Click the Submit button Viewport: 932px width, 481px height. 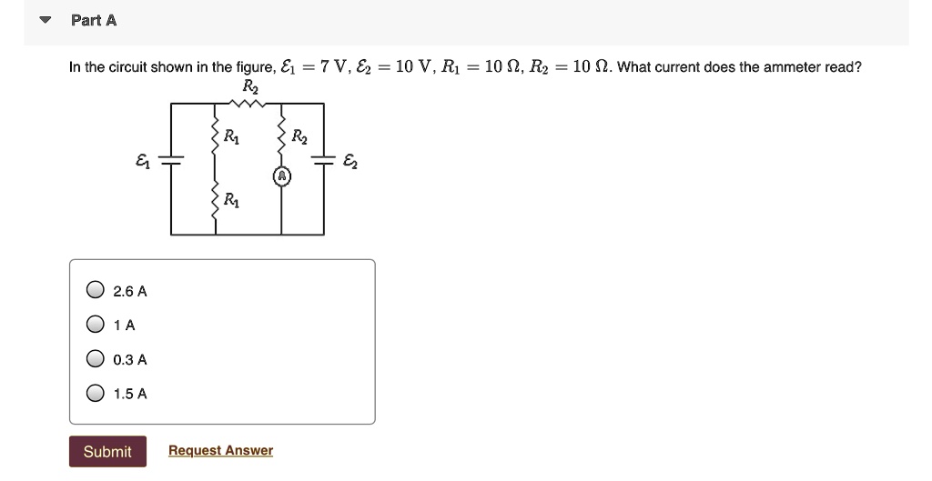(107, 452)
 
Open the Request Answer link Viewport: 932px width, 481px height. (220, 451)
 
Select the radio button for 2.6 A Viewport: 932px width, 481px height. (96, 291)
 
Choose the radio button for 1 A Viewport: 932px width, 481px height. (96, 325)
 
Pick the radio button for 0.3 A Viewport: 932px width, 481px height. (96, 359)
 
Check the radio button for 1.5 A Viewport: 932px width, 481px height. (96, 394)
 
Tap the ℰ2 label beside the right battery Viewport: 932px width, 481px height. (351, 162)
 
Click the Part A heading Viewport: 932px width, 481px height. (94, 20)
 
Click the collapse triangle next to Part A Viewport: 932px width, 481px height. (43, 20)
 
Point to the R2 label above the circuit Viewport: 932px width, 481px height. (250, 86)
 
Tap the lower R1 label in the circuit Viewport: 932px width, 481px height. (233, 200)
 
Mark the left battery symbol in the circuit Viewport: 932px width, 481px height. (171, 161)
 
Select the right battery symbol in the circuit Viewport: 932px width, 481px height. (323, 161)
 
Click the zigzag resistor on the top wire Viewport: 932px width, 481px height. (247, 104)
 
